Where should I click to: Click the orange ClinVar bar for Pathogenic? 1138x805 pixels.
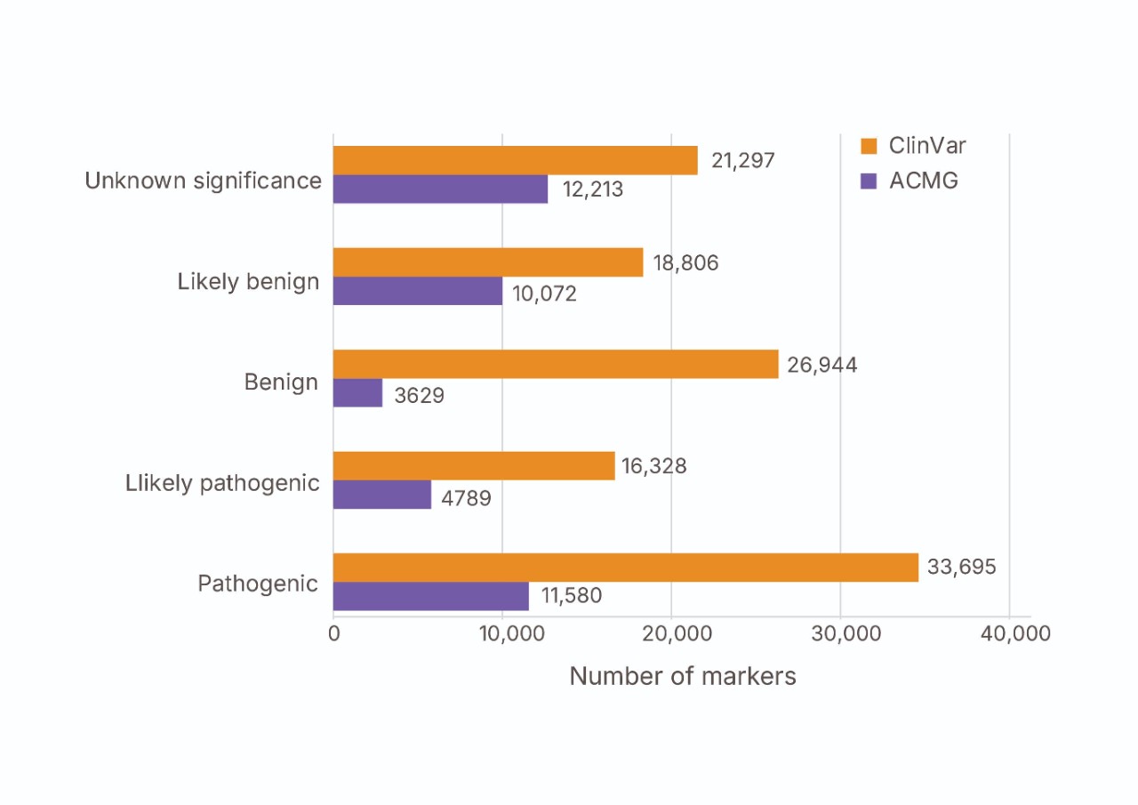625,568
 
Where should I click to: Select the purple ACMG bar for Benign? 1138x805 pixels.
357,393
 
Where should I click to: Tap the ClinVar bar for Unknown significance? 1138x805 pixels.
515,160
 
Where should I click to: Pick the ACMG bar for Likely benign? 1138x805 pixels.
418,291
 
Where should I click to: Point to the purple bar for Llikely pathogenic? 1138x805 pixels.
382,495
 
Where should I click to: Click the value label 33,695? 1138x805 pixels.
962,567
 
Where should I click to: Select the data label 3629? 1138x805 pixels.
419,395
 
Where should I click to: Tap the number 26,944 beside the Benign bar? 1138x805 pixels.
822,365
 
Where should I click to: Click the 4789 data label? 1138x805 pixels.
466,496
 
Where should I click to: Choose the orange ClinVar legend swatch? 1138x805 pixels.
870,146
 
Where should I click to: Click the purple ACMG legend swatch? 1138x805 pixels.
870,181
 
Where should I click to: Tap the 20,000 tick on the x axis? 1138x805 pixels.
672,633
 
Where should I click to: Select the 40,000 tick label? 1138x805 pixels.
1009,633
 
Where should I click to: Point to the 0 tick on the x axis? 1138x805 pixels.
334,633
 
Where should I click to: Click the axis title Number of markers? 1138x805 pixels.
683,676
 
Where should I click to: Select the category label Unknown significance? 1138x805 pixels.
203,181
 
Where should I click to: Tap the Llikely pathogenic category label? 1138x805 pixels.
222,483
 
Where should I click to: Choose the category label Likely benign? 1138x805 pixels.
248,282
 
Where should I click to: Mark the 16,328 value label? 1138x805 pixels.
655,465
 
